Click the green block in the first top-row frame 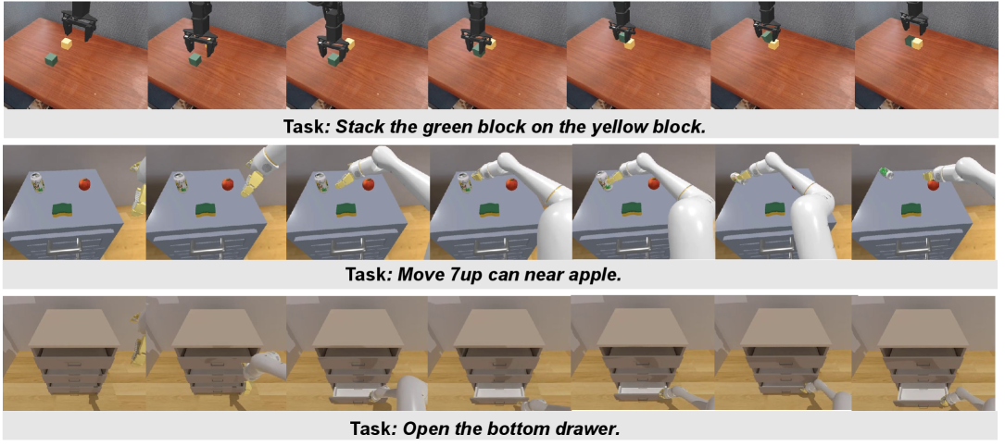click(52, 60)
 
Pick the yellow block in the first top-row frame click(68, 43)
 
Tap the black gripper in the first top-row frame click(77, 21)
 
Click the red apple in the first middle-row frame click(84, 184)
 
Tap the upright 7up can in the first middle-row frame click(40, 182)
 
